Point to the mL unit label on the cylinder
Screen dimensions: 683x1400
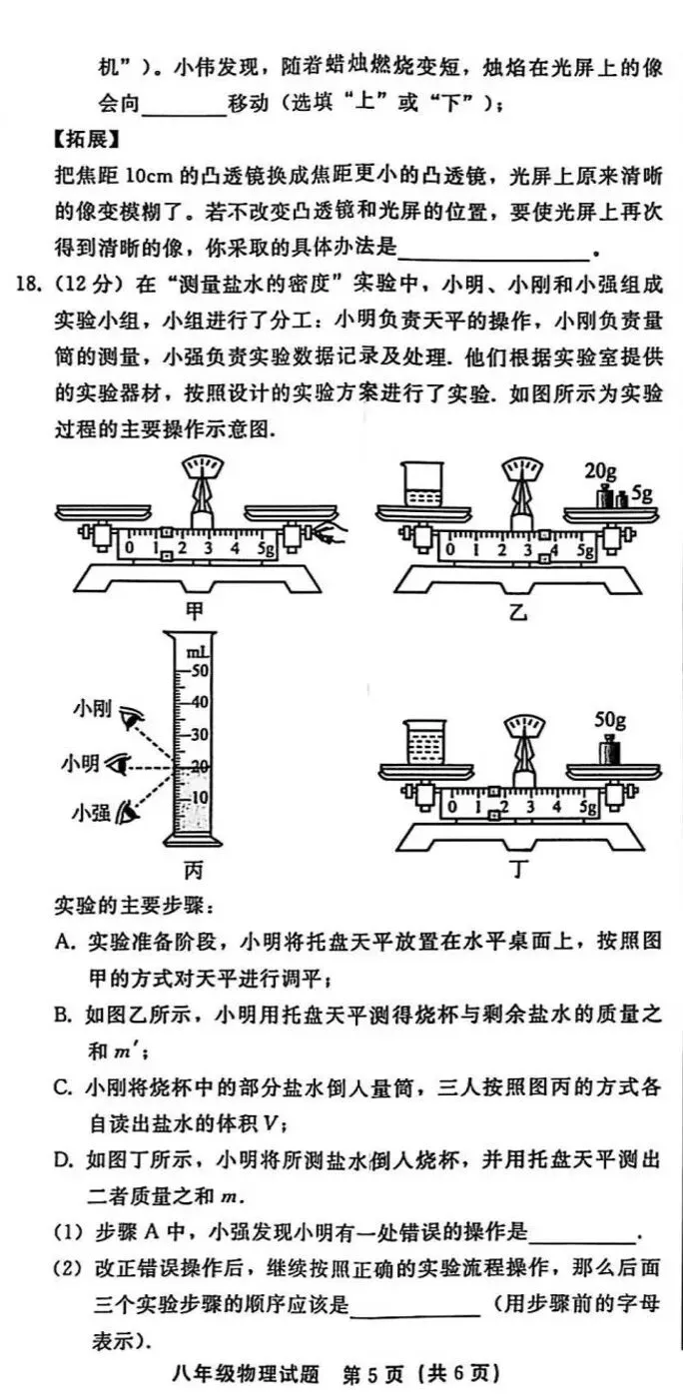(196, 650)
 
